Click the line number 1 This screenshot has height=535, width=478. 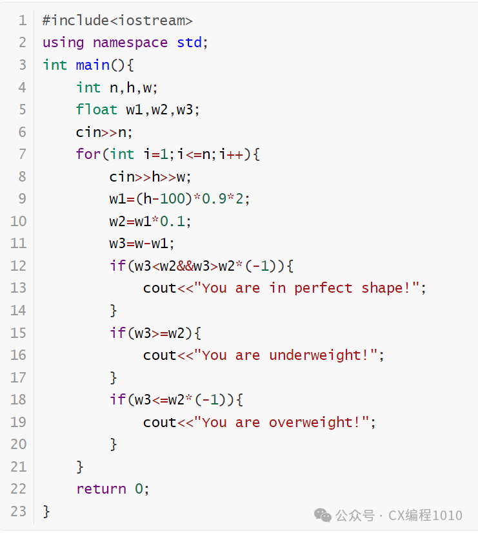pyautogui.click(x=23, y=21)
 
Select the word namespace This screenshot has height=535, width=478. pyautogui.click(x=130, y=43)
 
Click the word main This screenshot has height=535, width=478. pyautogui.click(x=93, y=65)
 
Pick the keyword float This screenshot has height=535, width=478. pyautogui.click(x=96, y=110)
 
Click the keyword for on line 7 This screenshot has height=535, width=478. pyautogui.click(x=88, y=154)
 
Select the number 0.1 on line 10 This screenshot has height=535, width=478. pyautogui.click(x=172, y=222)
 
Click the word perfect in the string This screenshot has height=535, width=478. pyautogui.click(x=323, y=289)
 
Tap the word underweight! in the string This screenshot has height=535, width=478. pyautogui.click(x=319, y=355)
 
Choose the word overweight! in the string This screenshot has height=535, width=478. pyautogui.click(x=314, y=423)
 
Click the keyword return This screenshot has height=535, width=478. pyautogui.click(x=101, y=489)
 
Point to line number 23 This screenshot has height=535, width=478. pyautogui.click(x=19, y=512)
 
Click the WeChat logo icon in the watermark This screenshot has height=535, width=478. pyautogui.click(x=323, y=515)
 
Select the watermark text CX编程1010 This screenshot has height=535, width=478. pyautogui.click(x=425, y=515)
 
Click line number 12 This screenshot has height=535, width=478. pyautogui.click(x=19, y=266)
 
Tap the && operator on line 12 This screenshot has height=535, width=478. pyautogui.click(x=185, y=266)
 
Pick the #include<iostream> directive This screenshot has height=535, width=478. pyautogui.click(x=117, y=21)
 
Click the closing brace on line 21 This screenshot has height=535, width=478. pyautogui.click(x=80, y=467)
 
